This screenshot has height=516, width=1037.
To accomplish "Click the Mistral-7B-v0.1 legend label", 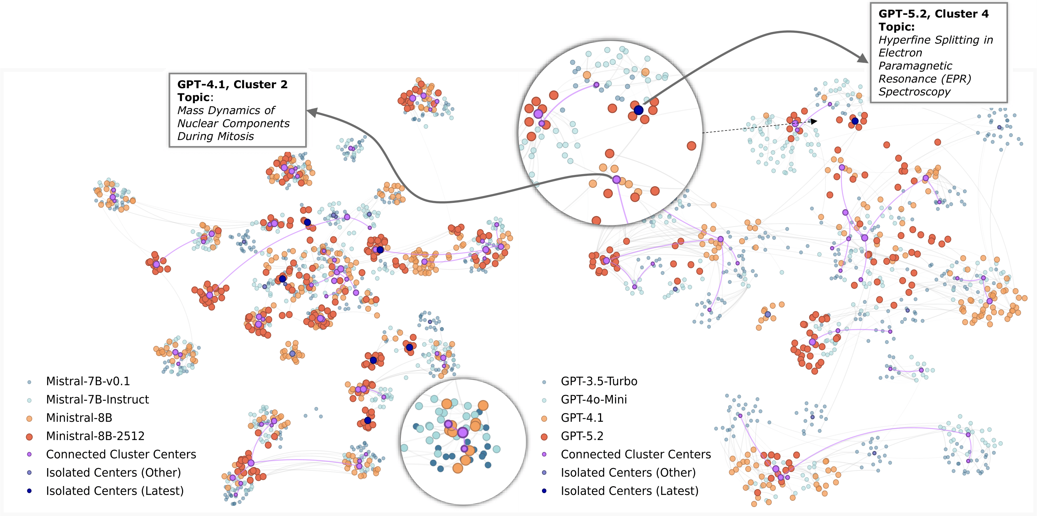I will point(88,381).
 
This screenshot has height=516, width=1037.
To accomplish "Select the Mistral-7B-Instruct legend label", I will point(98,399).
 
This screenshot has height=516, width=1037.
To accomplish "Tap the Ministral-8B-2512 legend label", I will point(95,436).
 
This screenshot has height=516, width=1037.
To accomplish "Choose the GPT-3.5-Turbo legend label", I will point(599,381).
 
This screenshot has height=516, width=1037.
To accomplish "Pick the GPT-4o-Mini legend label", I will point(594,399).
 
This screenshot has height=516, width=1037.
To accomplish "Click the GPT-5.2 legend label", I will point(582,436).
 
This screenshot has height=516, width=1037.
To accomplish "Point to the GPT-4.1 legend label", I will point(582,417).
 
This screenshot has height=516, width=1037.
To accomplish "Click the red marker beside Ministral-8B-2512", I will point(29,436).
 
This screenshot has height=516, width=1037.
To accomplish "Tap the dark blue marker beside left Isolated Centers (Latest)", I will point(29,491).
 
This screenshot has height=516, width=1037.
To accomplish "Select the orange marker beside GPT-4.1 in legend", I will point(544,418).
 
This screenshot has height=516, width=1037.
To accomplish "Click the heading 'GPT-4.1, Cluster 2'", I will point(232,84).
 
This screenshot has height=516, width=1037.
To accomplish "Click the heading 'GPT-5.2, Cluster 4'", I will point(933,14).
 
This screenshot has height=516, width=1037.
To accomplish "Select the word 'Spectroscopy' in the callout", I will point(914,92).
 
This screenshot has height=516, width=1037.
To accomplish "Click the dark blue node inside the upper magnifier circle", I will point(638,110).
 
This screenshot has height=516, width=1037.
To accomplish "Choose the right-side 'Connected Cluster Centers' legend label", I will point(636,454).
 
